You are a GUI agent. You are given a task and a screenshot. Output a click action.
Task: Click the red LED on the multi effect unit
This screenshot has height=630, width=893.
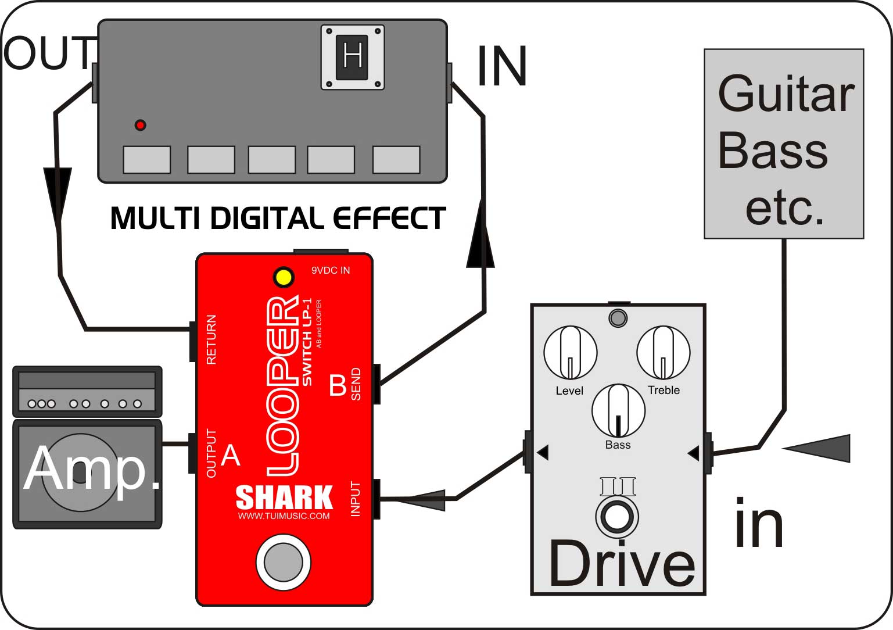click(140, 125)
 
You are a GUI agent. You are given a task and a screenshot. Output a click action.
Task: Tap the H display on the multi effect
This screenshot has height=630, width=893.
click(353, 57)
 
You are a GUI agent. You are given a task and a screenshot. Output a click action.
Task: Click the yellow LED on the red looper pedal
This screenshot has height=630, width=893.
click(284, 277)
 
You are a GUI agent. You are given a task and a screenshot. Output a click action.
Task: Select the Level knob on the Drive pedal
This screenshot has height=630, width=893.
click(570, 352)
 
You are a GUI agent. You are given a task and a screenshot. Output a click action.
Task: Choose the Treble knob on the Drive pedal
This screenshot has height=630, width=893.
click(663, 352)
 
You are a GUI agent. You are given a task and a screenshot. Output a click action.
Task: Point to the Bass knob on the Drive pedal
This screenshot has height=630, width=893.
click(618, 410)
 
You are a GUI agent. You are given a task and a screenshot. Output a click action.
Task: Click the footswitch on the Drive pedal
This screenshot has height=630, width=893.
click(617, 516)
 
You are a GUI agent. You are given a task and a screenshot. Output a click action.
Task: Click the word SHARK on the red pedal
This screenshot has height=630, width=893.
click(284, 498)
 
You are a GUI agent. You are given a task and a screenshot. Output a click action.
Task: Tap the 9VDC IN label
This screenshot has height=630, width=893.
click(331, 270)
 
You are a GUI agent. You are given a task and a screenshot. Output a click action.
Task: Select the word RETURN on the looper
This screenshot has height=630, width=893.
click(211, 340)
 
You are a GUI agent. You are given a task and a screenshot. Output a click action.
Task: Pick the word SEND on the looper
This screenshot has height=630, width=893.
click(356, 384)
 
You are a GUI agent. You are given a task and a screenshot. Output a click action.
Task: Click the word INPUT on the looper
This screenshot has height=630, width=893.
click(356, 499)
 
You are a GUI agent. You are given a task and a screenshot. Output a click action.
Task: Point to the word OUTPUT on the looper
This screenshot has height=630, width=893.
click(211, 453)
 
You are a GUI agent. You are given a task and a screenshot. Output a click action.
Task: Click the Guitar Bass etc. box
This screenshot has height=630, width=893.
click(784, 144)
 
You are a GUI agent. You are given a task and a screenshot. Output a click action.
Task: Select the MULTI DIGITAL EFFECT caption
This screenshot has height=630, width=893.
click(278, 219)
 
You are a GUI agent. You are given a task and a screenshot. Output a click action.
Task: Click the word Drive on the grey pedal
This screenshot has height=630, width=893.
click(622, 564)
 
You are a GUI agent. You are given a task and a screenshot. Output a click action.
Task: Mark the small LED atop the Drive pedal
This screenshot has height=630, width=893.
click(618, 318)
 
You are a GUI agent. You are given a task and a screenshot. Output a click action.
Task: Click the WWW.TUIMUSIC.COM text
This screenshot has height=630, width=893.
click(284, 516)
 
